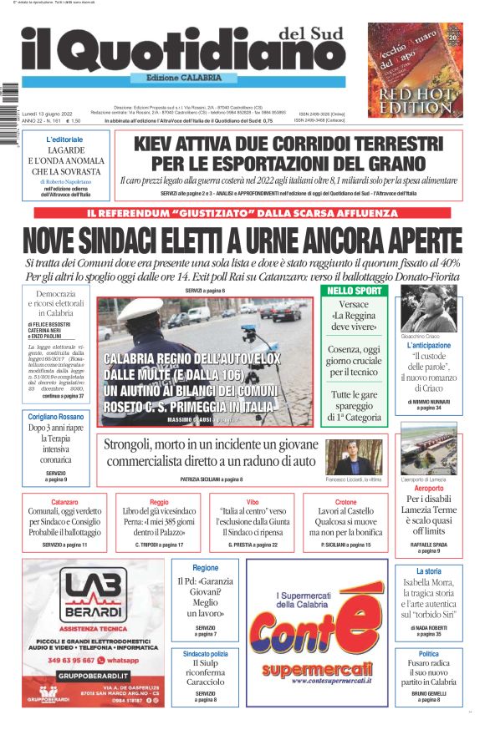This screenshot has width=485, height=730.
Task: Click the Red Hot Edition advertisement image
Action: click(x=415, y=70)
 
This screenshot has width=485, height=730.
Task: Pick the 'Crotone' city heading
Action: click(x=345, y=503)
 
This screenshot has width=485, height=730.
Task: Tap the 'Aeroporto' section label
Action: click(x=428, y=488)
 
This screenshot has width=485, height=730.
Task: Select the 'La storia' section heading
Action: click(x=428, y=571)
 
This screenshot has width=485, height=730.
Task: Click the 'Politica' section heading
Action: click(x=428, y=654)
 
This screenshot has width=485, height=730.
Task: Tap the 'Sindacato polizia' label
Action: click(x=205, y=654)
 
